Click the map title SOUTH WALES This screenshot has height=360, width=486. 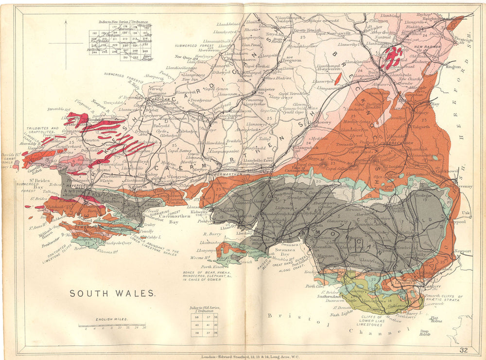(112, 293)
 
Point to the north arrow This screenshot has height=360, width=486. (66, 34)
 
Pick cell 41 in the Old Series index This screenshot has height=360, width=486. (203, 325)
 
